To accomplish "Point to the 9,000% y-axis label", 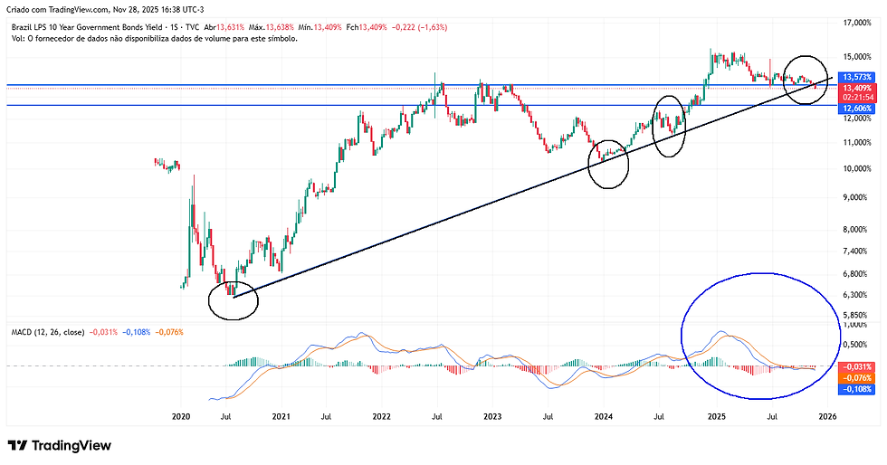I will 854,196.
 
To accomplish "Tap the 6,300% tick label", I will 854,295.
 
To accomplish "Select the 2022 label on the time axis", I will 381,417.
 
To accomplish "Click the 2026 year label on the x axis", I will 826,417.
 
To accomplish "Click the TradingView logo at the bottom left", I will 59,445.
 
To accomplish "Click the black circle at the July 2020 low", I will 233,299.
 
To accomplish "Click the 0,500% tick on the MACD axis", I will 854,344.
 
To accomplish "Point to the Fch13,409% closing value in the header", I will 356,26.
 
